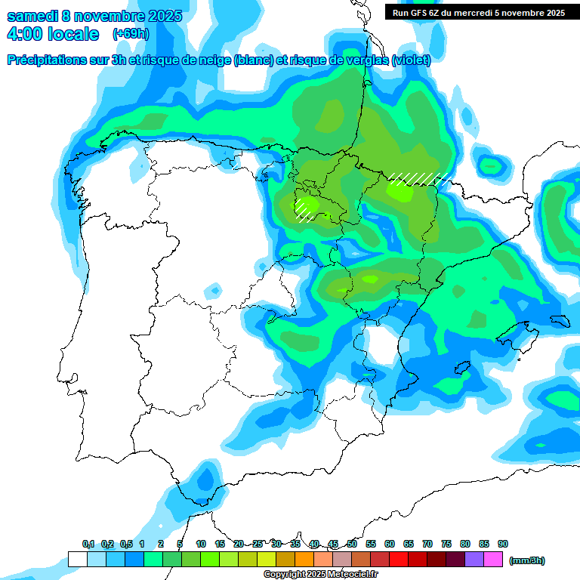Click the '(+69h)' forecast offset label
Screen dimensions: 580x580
(x=131, y=34)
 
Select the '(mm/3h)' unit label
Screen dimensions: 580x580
(x=526, y=560)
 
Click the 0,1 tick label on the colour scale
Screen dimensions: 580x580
(x=88, y=544)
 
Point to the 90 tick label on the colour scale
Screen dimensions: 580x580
(x=503, y=544)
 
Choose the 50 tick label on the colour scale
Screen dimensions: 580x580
(x=352, y=544)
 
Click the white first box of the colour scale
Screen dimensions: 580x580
(x=77, y=559)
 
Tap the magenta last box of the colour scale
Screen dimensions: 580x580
(x=493, y=559)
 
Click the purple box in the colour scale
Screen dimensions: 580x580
(x=474, y=559)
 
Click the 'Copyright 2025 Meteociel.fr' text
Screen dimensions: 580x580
(x=321, y=575)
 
